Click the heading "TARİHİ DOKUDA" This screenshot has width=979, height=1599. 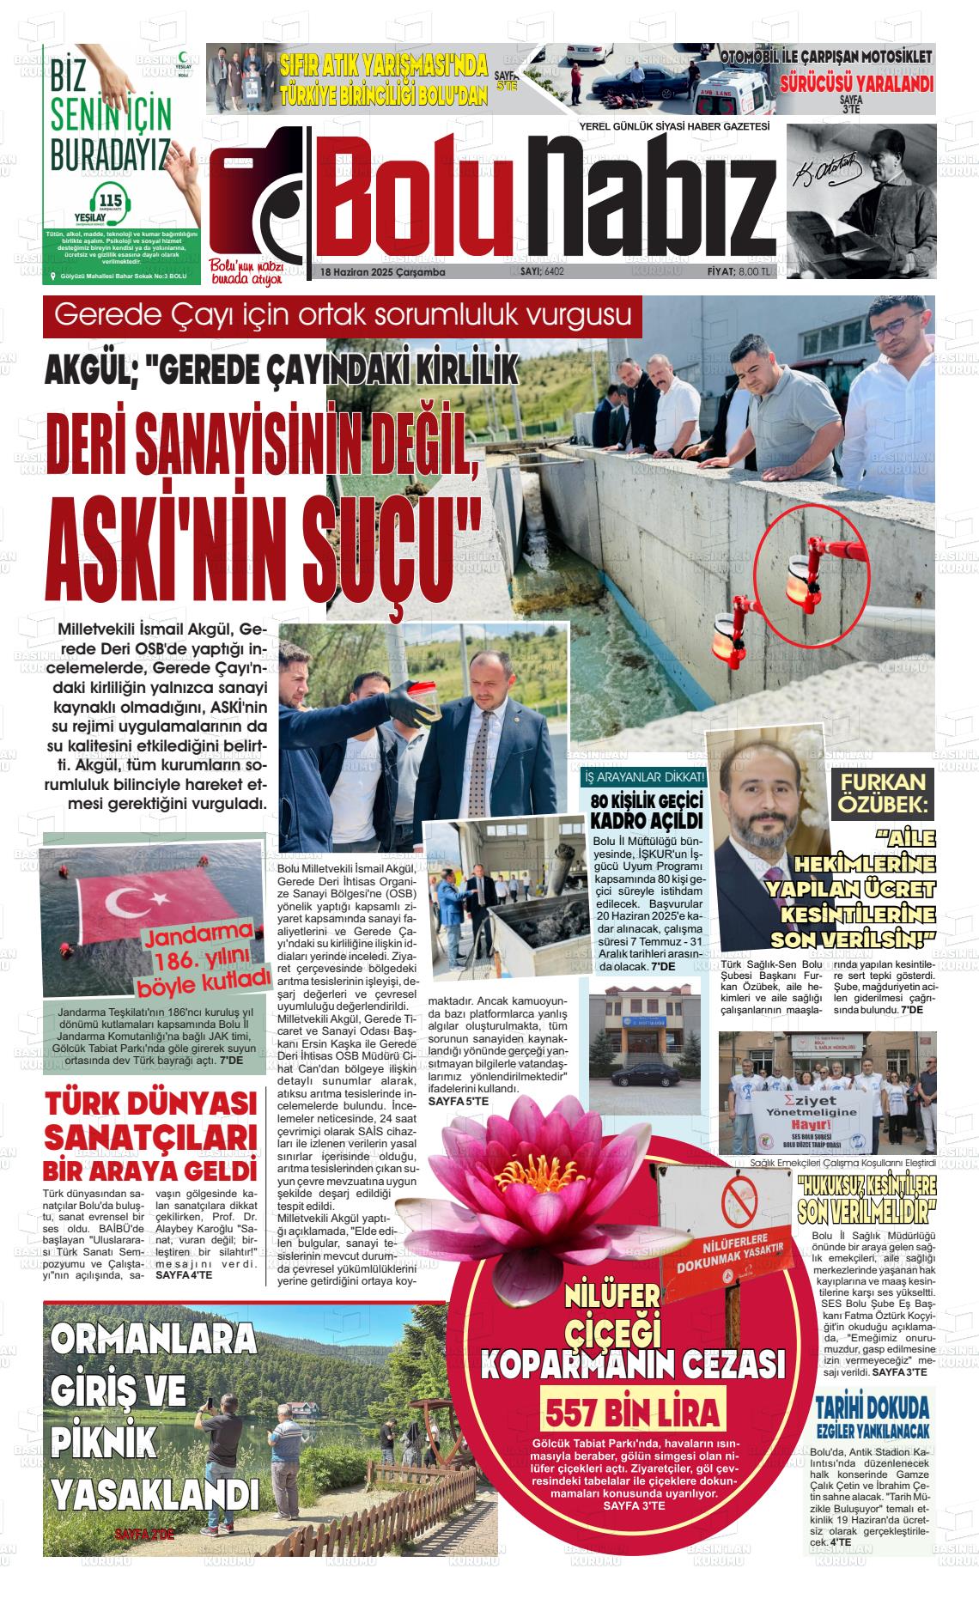pos(873,1407)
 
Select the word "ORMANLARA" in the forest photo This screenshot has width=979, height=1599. pos(154,1338)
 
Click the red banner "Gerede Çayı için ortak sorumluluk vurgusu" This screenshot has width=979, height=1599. pos(343,315)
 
